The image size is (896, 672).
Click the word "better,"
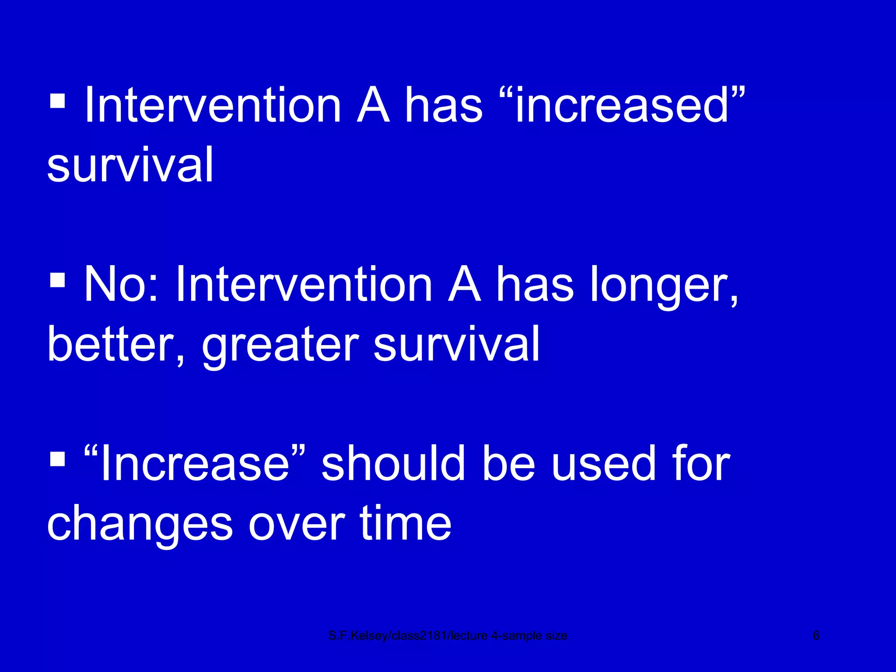point(116,345)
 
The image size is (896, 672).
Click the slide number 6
point(815,635)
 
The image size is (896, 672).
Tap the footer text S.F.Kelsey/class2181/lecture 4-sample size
point(448,636)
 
